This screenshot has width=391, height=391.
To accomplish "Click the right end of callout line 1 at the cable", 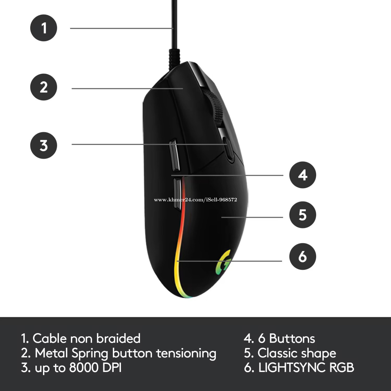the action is pos(173,28).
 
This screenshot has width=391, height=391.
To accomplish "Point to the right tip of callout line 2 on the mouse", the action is pos(183,89).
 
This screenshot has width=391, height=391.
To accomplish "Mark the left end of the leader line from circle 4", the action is pos(171,175).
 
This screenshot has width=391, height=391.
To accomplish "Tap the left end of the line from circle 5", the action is pos(221,217).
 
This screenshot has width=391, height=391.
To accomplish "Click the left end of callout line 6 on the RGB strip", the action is pos(177,261).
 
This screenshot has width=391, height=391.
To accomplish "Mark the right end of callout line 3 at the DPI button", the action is pos(227,144).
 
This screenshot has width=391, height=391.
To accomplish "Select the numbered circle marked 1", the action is pos(44,28).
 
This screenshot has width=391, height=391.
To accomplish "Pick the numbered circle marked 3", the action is pos(44,145).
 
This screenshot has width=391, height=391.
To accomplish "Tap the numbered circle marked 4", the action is pos(302,175).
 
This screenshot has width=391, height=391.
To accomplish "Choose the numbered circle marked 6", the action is pos(302,256).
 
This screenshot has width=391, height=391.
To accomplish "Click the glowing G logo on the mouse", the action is pos(223,263).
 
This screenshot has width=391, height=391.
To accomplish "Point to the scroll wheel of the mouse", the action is pos(216,109).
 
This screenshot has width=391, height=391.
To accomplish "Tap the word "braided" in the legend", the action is pos(118,338).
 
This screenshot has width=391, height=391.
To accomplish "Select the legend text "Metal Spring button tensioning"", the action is pos(126,353).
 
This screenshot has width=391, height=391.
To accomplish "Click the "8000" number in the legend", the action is pos(84,367).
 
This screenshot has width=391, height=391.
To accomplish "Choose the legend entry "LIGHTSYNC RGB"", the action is pos(306,367).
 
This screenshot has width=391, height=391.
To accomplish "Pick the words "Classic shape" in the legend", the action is pos(297,353).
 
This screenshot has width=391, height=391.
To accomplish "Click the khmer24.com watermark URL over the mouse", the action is pos(195,200).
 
